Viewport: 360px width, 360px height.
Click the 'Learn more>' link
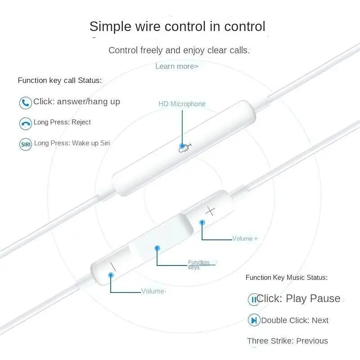click(x=177, y=66)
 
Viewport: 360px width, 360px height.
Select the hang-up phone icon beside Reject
click(x=26, y=123)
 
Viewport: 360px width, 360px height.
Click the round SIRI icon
click(x=26, y=144)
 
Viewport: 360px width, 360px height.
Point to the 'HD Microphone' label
click(x=182, y=104)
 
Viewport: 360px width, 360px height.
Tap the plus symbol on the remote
click(x=210, y=211)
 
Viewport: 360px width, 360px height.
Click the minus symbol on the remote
click(x=113, y=266)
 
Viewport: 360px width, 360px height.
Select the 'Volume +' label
click(x=245, y=238)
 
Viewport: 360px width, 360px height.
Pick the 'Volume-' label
click(x=153, y=291)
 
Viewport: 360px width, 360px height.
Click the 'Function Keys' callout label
click(x=198, y=265)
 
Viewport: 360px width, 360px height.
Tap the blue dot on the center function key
click(x=157, y=248)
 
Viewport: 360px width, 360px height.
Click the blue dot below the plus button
click(x=202, y=222)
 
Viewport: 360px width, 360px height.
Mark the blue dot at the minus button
click(x=111, y=275)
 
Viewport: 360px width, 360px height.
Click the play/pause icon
click(x=254, y=300)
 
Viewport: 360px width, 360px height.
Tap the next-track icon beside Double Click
click(x=254, y=320)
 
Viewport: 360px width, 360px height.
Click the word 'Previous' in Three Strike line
click(x=312, y=341)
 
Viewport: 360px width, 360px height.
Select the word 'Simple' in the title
click(x=110, y=27)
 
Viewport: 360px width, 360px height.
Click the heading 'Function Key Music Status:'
click(x=287, y=277)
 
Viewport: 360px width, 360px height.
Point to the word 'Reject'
click(x=81, y=122)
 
